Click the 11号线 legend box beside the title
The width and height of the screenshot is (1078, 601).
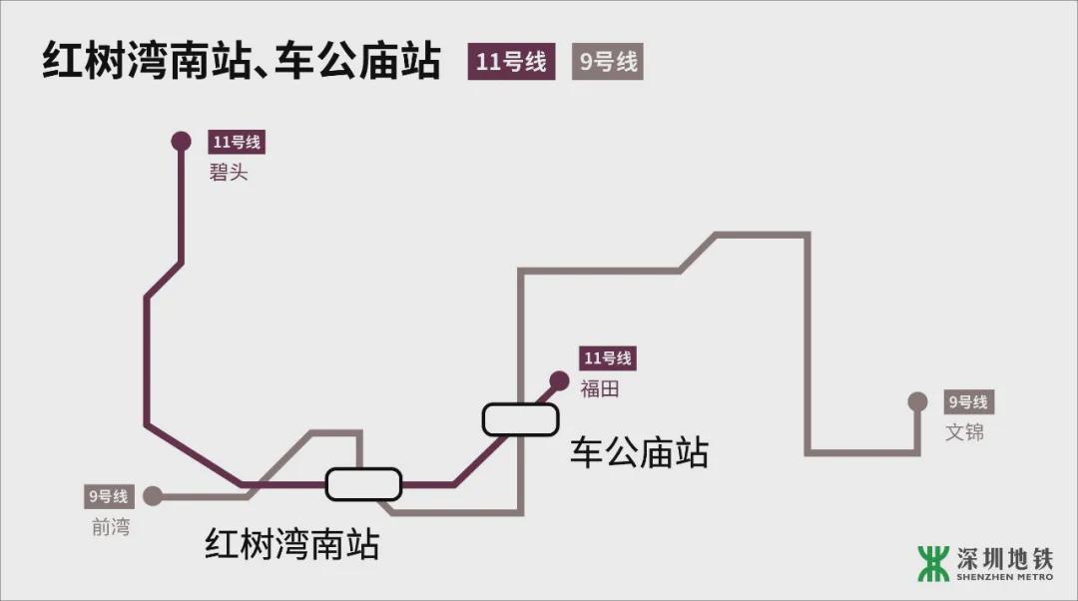tap(511, 62)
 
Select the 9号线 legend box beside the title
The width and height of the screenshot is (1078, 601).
tap(607, 62)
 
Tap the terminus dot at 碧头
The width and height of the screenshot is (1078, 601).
tap(181, 141)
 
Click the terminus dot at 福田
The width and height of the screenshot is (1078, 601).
tap(559, 380)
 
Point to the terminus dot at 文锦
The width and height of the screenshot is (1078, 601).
tap(917, 402)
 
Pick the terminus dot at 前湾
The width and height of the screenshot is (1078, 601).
tap(153, 495)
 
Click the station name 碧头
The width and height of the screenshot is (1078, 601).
tap(228, 173)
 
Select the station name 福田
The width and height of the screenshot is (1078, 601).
tap(599, 388)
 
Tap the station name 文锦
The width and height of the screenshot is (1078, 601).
tap(964, 432)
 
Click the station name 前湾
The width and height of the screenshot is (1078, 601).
tap(110, 526)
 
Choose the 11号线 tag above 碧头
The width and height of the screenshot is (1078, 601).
tap(236, 142)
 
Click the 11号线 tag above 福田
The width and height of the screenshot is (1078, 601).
tap(608, 358)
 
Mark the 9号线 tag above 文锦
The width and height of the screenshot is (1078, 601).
tap(967, 402)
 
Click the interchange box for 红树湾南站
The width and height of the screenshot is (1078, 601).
tap(363, 484)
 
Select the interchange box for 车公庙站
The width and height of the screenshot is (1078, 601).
tap(519, 419)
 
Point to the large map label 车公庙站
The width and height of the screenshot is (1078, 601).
tap(639, 452)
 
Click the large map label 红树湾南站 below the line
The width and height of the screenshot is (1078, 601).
tap(292, 545)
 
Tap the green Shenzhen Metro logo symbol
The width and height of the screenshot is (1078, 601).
tap(933, 563)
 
